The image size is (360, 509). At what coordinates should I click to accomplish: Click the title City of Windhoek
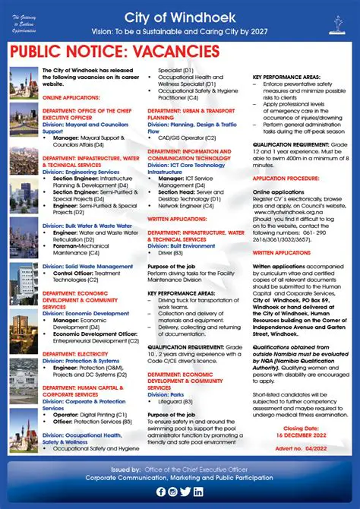(195, 16)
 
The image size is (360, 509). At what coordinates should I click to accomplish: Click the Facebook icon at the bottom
(160, 492)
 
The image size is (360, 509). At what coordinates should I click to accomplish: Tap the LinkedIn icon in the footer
(198, 492)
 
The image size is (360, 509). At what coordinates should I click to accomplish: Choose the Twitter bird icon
(185, 492)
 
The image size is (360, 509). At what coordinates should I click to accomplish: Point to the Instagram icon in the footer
(172, 492)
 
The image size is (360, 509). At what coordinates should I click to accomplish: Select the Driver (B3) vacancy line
(170, 251)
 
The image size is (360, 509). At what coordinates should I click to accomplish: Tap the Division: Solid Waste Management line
(88, 267)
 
